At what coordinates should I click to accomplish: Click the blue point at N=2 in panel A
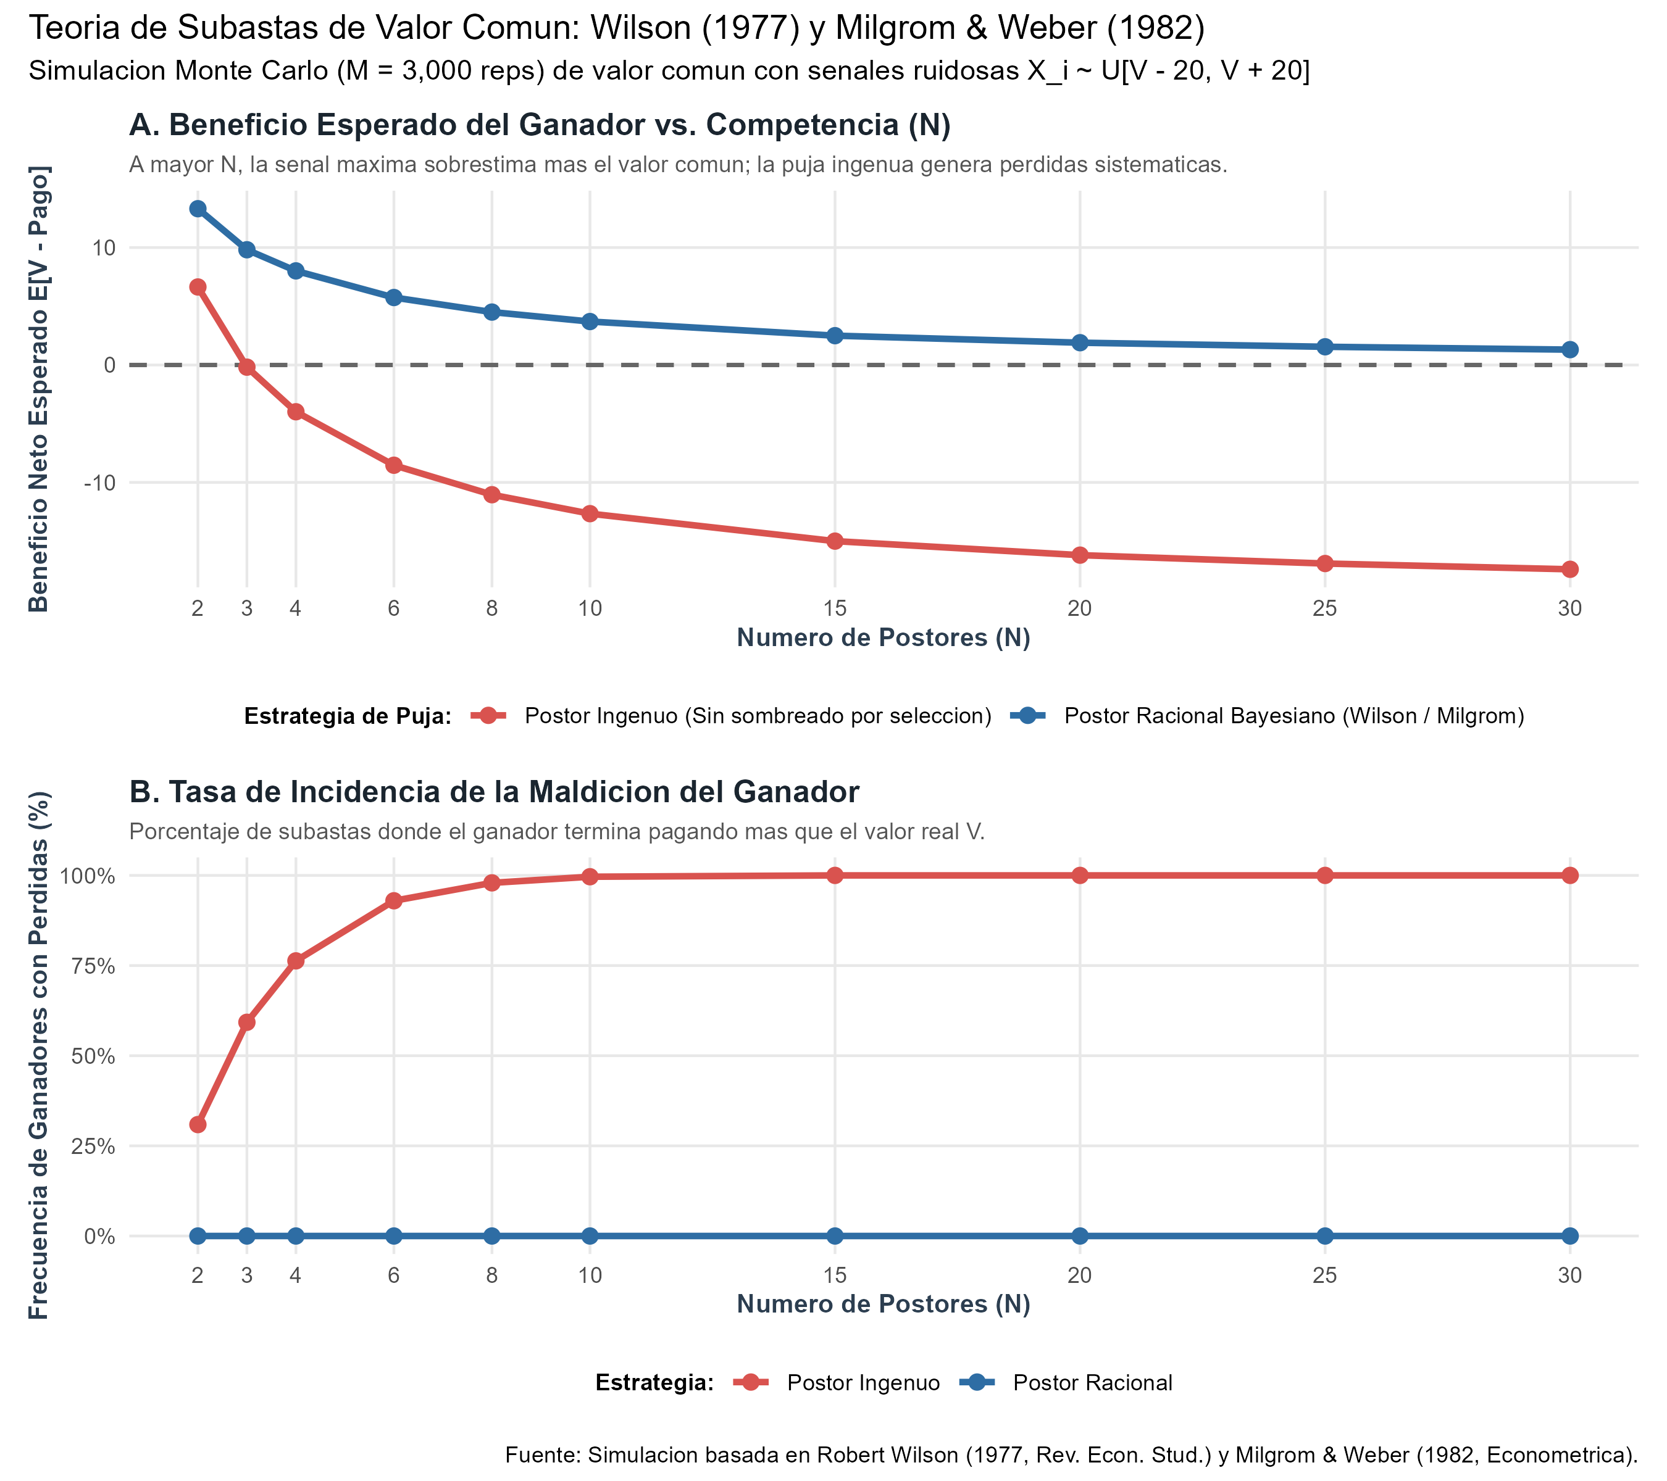click(x=198, y=209)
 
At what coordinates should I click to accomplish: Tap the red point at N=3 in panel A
click(x=246, y=368)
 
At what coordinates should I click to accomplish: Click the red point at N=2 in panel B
click(x=198, y=1125)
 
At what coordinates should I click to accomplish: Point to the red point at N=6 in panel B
click(x=394, y=901)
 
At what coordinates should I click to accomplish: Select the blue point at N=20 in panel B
click(x=1080, y=1237)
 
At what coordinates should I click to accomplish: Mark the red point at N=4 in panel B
click(x=295, y=961)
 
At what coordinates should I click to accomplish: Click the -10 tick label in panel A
click(x=99, y=483)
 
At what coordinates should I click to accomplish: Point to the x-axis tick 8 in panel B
click(x=492, y=1276)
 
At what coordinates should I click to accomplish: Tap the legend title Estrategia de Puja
click(x=348, y=716)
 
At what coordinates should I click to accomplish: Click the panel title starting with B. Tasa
click(x=494, y=792)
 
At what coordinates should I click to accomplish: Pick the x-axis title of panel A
click(x=884, y=637)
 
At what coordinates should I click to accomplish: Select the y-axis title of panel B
click(x=38, y=1056)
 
